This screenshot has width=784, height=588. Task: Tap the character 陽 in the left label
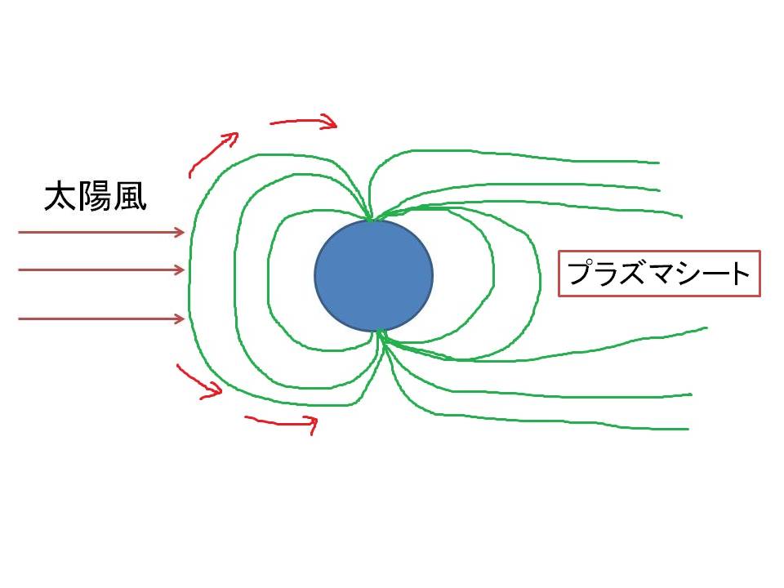(96, 197)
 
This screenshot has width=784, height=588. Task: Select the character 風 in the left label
(130, 197)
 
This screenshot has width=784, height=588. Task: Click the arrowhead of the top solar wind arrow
(180, 232)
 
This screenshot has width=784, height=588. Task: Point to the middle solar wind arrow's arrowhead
(180, 270)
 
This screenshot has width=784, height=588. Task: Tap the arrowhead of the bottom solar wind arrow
(180, 318)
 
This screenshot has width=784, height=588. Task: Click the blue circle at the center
(373, 275)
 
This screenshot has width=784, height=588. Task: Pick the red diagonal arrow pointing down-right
(199, 381)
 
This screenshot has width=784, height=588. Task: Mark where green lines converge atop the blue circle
(371, 219)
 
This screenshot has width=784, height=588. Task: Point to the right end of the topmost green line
(659, 163)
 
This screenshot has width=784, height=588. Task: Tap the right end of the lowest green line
(688, 429)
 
